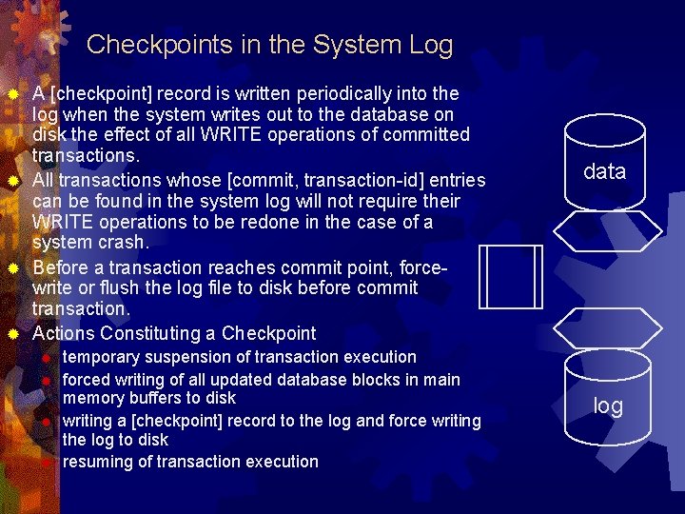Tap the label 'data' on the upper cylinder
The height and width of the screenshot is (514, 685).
point(604,171)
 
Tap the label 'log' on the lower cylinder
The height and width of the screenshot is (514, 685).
point(608,406)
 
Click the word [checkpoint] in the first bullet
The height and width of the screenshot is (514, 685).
point(94,93)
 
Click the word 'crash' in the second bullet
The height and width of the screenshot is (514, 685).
point(123,242)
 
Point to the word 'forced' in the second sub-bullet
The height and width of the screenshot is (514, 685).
point(88,380)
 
